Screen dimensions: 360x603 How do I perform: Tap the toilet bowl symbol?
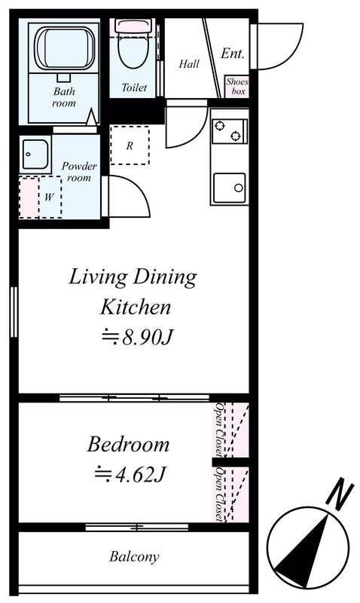(132, 45)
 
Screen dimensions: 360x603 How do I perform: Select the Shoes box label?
(237, 86)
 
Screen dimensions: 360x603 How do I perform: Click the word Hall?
(189, 64)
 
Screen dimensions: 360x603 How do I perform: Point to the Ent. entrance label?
(233, 53)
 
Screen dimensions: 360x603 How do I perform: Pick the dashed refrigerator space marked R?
(130, 145)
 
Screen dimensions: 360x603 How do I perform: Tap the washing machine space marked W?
(41, 197)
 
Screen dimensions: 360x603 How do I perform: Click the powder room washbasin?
(35, 154)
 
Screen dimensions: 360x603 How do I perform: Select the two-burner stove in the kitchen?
(230, 131)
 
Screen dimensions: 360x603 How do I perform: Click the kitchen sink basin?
(230, 188)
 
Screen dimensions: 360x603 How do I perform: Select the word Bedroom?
(128, 445)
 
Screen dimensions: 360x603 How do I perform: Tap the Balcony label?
(134, 556)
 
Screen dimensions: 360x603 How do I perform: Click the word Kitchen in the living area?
(136, 308)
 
